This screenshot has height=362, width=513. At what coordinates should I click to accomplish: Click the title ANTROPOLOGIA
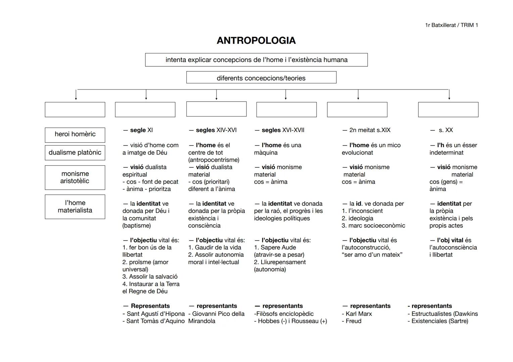pyautogui.click(x=256, y=41)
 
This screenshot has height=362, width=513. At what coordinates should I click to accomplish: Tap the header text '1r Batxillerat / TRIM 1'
pyautogui.click(x=451, y=25)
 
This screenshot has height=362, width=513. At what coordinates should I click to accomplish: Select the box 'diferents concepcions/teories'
pyautogui.click(x=261, y=78)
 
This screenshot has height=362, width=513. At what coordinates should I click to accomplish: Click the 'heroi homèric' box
pyautogui.click(x=75, y=134)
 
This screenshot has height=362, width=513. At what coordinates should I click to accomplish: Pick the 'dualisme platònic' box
pyautogui.click(x=75, y=153)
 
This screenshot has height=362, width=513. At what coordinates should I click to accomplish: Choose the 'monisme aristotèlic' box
pyautogui.click(x=75, y=177)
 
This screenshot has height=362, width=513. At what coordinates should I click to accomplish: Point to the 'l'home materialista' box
pyautogui.click(x=75, y=206)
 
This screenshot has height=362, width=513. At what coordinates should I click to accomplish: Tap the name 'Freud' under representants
pyautogui.click(x=354, y=321)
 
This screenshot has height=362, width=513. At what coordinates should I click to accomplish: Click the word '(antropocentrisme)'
pyautogui.click(x=214, y=160)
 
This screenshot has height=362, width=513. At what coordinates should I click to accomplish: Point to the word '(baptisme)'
pyautogui.click(x=137, y=226)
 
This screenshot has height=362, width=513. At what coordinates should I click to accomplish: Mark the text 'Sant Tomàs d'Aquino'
pyautogui.click(x=155, y=321)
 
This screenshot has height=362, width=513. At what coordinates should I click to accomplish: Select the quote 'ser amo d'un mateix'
pyautogui.click(x=372, y=255)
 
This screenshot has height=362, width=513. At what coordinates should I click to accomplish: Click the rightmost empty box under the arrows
pyautogui.click(x=448, y=110)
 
